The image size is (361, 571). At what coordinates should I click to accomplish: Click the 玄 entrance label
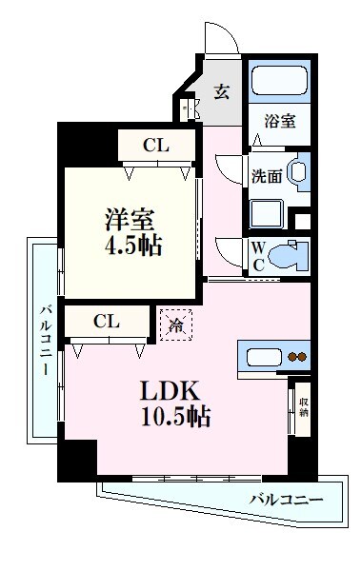point(221,92)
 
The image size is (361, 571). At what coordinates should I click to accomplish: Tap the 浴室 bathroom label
point(280,121)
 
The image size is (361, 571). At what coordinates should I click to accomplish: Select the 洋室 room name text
point(131,217)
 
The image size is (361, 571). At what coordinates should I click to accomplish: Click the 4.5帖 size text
point(133,246)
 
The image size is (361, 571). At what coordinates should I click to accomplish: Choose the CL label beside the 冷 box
point(106,322)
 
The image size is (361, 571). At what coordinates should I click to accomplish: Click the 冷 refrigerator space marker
point(176,325)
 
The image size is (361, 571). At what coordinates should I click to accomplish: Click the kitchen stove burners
point(297,359)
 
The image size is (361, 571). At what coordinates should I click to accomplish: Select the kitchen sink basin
point(261,359)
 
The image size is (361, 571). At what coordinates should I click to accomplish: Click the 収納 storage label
point(303,407)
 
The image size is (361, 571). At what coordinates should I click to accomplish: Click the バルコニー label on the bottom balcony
point(286,499)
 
